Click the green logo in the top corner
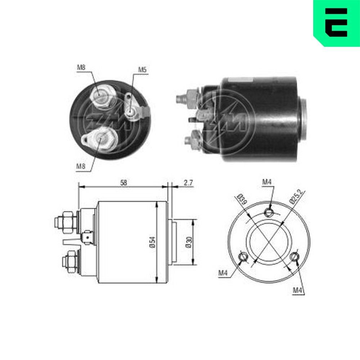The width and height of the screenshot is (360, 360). click(x=337, y=22)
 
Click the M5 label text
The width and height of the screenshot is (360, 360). click(x=142, y=70)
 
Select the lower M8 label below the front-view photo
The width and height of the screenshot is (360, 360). click(x=81, y=166)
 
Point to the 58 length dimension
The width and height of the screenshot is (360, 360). click(x=123, y=183)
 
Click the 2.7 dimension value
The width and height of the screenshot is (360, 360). click(x=188, y=183)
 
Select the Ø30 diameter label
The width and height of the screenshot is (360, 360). click(x=188, y=242)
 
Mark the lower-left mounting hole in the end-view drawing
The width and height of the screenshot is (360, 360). click(x=244, y=257)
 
